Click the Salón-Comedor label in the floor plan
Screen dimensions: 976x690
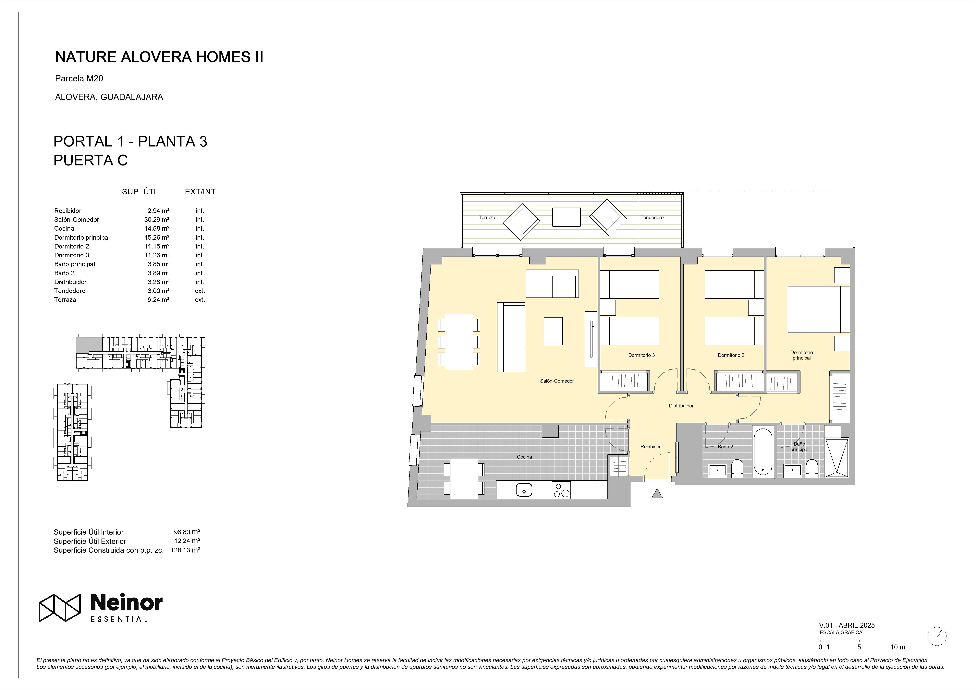[x=557, y=381]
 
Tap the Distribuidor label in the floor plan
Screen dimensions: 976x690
[x=681, y=406]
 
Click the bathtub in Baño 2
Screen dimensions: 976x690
[x=763, y=452]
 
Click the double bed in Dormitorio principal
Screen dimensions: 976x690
[x=818, y=309]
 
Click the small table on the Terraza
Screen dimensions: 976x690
[x=566, y=217]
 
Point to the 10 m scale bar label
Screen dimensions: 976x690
[x=898, y=659]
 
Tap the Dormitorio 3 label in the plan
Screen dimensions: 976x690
[x=641, y=355]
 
